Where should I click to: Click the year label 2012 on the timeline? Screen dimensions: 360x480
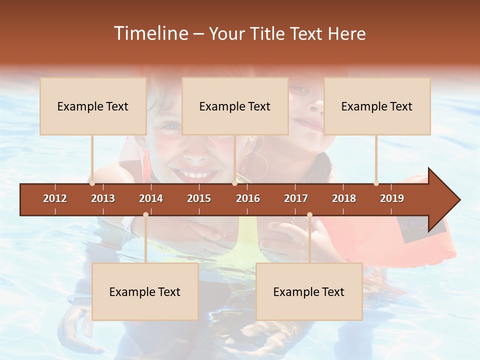(55, 198)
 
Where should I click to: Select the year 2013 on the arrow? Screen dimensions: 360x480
(103, 198)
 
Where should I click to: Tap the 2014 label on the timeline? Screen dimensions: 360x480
(151, 198)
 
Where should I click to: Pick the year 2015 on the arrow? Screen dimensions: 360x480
(199, 198)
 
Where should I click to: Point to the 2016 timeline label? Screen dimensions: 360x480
(248, 198)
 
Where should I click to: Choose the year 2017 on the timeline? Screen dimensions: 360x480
(296, 198)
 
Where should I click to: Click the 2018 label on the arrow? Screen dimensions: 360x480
(344, 198)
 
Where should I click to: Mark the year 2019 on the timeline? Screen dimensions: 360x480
(392, 198)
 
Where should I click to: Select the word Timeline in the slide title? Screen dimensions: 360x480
(150, 33)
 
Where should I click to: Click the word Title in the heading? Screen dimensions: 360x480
(268, 33)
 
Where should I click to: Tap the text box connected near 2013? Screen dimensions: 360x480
(93, 106)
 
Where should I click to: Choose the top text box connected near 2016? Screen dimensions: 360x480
(235, 106)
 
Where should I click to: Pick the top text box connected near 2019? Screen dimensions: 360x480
(377, 106)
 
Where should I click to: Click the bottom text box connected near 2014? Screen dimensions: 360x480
(145, 292)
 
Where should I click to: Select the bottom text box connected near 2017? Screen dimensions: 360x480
(309, 292)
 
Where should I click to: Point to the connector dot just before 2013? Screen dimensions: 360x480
(92, 183)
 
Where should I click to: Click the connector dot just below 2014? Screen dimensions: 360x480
(145, 214)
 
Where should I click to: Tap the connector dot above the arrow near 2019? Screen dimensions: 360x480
(376, 183)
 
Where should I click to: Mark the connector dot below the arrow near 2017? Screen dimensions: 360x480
(309, 214)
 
